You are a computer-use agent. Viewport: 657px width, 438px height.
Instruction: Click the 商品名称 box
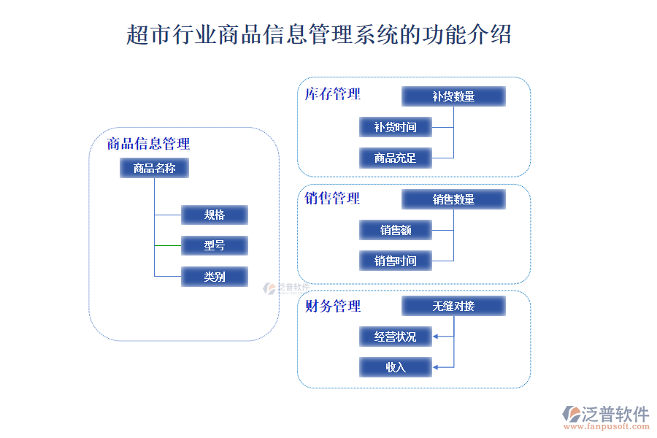154,169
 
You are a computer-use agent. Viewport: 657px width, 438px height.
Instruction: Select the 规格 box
215,215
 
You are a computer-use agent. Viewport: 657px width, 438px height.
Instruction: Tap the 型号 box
215,246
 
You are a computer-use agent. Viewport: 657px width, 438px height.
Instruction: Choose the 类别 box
215,277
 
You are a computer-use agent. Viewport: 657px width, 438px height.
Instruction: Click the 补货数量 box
453,96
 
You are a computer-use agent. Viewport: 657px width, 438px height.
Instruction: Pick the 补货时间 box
396,127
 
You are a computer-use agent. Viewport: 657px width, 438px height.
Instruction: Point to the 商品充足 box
396,158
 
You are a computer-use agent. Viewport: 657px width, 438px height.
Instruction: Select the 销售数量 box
453,199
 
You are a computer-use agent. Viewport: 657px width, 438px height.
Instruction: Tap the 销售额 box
396,230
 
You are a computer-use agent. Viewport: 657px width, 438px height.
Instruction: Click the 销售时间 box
396,261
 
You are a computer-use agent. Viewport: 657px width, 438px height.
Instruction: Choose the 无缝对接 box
453,306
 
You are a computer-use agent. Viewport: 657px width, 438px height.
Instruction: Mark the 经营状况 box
396,337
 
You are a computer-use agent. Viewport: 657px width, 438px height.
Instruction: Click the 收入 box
396,367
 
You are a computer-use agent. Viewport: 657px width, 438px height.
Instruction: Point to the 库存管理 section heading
333,94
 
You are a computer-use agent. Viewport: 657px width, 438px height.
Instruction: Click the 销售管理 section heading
333,198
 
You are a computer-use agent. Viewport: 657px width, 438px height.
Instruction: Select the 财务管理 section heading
333,306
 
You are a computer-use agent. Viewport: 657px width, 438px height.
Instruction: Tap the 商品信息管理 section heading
148,144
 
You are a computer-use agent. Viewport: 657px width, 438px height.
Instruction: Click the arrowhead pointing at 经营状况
436,337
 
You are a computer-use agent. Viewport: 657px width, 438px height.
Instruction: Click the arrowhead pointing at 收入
436,367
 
